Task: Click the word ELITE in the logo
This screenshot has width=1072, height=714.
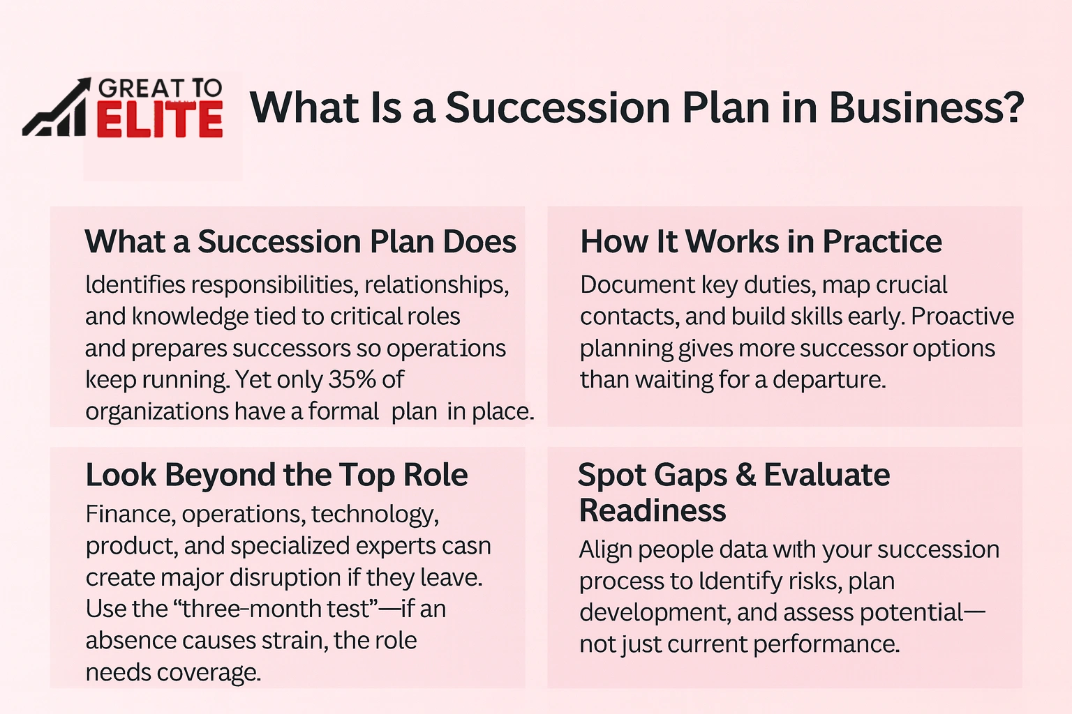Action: [159, 120]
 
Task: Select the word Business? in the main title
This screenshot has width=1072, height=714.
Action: [926, 108]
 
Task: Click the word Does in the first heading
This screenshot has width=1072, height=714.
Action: [479, 242]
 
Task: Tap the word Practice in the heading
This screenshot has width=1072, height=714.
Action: [881, 242]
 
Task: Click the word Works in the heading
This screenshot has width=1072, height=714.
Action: [732, 242]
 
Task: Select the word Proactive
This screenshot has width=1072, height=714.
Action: [962, 316]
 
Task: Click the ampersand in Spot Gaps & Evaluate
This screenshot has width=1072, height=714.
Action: [745, 476]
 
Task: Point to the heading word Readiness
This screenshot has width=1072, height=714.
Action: [653, 510]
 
